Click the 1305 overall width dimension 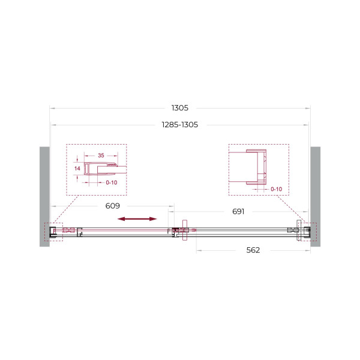pos(180,107)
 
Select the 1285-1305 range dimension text pos(180,125)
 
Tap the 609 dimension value pos(113,206)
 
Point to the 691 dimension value pos(238,211)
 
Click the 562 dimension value pos(253,250)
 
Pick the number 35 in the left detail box pos(101,155)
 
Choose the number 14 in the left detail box pos(77,169)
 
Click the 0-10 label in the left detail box pos(112,182)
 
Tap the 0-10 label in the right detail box pos(276,189)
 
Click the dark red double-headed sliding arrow pos(137,219)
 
